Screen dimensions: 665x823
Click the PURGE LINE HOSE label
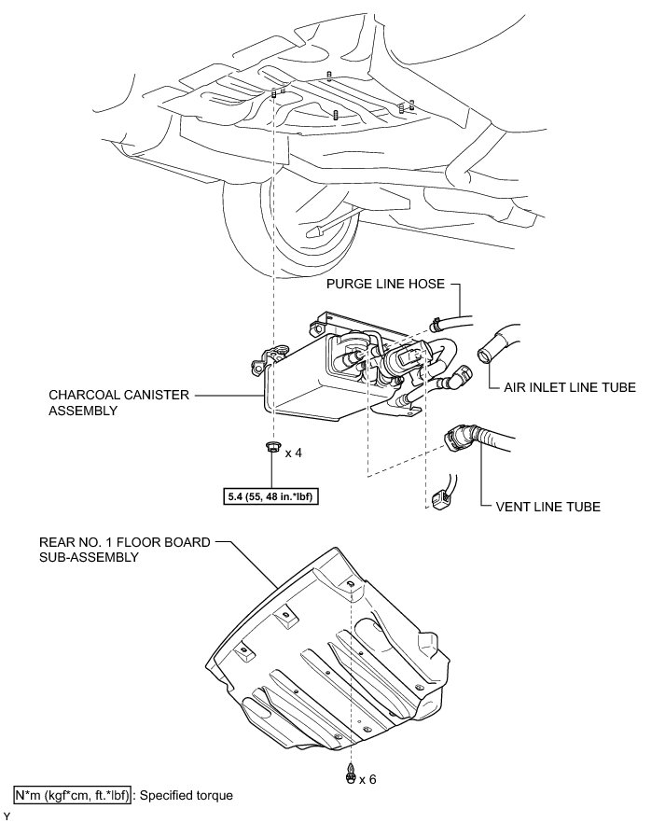[x=385, y=284]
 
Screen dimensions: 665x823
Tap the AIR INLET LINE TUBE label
[x=570, y=387]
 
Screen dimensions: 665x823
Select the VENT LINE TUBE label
[x=547, y=507]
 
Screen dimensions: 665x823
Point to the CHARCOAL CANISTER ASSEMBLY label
[x=118, y=402]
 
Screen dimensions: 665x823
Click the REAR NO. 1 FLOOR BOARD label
[x=125, y=542]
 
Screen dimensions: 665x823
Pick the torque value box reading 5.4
[x=271, y=495]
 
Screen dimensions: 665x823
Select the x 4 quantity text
[x=294, y=453]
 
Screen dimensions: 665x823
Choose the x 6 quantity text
[x=367, y=779]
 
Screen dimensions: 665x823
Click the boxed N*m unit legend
[x=73, y=795]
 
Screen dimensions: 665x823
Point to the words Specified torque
[x=186, y=796]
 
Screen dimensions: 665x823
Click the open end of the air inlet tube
[x=484, y=354]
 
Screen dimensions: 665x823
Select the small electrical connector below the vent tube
[x=439, y=499]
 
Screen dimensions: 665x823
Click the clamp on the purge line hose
[x=436, y=325]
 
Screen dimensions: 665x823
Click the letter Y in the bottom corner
[x=7, y=816]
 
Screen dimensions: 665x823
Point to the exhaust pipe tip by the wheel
[x=316, y=231]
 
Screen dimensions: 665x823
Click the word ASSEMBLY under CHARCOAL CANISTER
[x=83, y=411]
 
